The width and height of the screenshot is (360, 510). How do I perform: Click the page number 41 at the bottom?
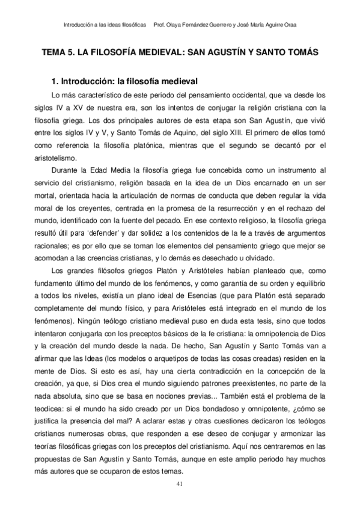pyautogui.click(x=180, y=484)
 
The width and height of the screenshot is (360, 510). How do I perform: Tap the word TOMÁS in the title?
pyautogui.click(x=299, y=52)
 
